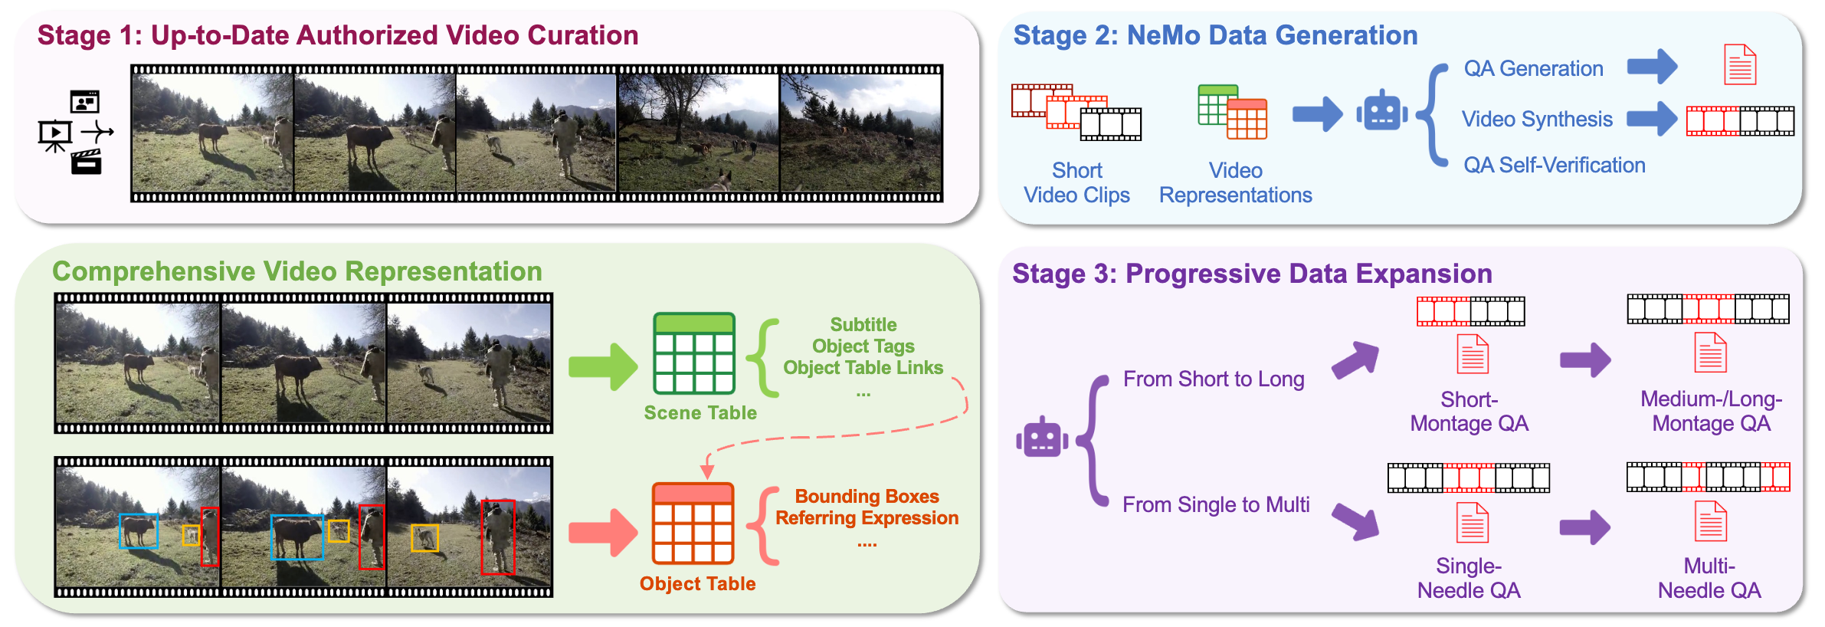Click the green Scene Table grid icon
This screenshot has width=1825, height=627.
pos(693,353)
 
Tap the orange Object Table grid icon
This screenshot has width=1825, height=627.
pos(693,524)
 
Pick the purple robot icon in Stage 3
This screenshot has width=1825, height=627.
pos(1042,438)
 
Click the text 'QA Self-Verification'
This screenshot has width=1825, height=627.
pos(1554,166)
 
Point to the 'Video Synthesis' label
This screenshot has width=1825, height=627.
pos(1537,120)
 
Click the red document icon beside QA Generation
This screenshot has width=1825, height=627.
pos(1740,65)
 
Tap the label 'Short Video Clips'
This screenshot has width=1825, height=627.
pos(1076,183)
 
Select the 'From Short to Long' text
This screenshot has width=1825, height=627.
pos(1214,379)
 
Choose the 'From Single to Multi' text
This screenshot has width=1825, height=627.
pos(1216,505)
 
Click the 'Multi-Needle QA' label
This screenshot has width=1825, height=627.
pos(1709,579)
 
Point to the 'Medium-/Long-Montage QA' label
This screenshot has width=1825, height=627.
pos(1711,412)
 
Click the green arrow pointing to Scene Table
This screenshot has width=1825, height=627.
pos(603,366)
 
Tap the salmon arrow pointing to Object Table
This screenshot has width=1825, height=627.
pos(603,532)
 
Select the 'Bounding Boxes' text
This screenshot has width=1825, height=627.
pos(867,497)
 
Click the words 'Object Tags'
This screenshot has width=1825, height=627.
pos(863,346)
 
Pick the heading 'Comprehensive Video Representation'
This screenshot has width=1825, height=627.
pos(297,272)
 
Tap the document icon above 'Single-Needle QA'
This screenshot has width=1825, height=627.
pos(1472,523)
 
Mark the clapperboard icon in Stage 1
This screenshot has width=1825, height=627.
pos(87,162)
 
